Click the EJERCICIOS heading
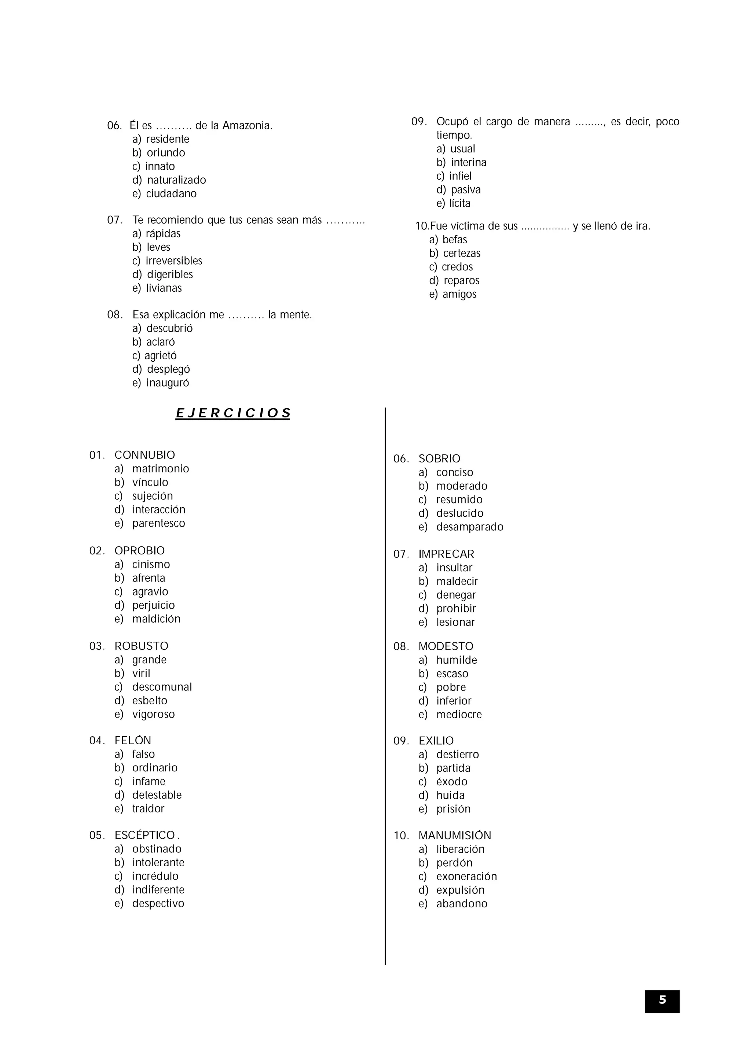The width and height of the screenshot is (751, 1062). (233, 413)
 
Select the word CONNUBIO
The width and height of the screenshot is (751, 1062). (145, 455)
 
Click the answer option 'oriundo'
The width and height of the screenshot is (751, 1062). (166, 153)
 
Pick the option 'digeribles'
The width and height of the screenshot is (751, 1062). (170, 274)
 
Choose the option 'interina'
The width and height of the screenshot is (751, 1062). (468, 162)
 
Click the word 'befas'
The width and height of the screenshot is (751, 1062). (454, 240)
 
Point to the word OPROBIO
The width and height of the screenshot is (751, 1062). (140, 550)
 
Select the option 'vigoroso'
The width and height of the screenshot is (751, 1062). (153, 714)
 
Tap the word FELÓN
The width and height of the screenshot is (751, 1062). (133, 741)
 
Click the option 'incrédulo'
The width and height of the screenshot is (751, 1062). (155, 876)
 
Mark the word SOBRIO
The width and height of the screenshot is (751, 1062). (439, 458)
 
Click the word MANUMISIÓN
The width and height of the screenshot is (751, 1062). (454, 836)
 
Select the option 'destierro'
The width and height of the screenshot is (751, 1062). (457, 755)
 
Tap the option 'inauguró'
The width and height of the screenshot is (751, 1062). (168, 383)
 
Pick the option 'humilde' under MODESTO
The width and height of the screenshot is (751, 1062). (456, 660)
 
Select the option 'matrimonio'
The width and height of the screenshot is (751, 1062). (161, 469)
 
